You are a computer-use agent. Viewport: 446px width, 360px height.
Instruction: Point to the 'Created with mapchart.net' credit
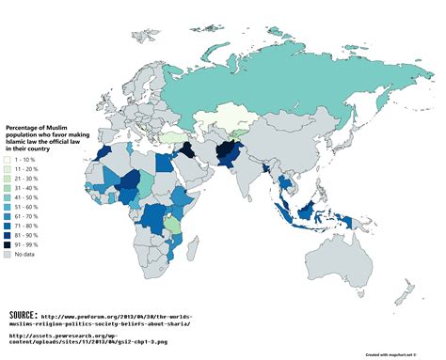coord(394,355)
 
